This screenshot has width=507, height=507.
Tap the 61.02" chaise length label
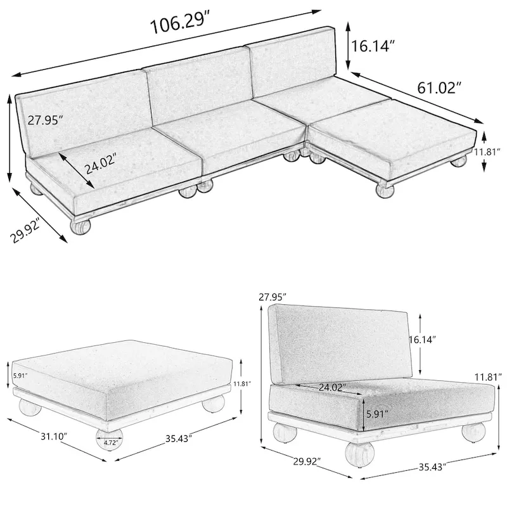tap(439, 87)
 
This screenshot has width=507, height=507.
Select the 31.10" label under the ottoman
tap(54, 436)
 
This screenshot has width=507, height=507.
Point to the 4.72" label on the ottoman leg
tap(110, 442)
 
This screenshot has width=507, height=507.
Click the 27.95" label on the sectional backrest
tap(44, 120)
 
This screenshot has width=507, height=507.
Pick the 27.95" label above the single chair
tap(273, 296)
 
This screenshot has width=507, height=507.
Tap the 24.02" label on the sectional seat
tap(100, 164)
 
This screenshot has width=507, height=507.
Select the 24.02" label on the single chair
tap(332, 387)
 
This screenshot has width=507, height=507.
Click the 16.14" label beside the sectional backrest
tap(373, 46)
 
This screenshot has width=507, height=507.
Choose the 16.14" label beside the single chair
tap(422, 340)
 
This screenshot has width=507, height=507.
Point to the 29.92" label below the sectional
tap(25, 231)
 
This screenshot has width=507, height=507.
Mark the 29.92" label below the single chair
tap(307, 461)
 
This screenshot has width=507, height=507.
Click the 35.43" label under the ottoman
tap(179, 439)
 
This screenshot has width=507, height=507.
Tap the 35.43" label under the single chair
tap(433, 466)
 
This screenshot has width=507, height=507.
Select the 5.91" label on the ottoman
tap(20, 376)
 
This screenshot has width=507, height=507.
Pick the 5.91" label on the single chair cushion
tap(377, 414)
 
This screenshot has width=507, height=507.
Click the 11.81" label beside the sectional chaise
tap(487, 151)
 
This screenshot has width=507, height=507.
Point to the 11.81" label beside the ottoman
tap(243, 384)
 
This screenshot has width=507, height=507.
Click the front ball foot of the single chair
tap(359, 454)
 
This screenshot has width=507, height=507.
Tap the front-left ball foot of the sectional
tap(80, 226)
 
